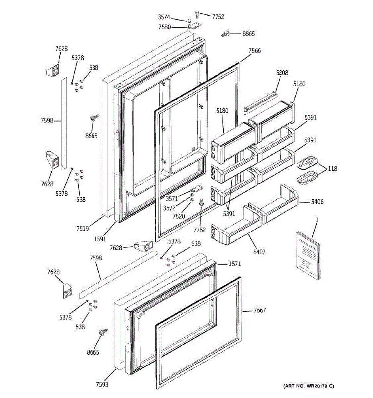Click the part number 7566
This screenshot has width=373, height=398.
coord(255,51)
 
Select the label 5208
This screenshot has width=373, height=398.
coord(282,73)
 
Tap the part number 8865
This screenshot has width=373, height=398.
coord(249,34)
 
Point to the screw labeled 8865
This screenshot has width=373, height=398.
coord(226,33)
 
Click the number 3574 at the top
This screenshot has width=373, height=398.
coord(164,17)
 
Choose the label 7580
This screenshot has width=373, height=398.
coord(164,27)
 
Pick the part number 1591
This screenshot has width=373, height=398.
coord(100,239)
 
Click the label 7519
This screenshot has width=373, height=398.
coord(83,228)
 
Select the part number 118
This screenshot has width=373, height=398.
coord(332,168)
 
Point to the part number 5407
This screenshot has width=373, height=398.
coord(259,252)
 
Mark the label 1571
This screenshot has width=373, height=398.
coord(234,264)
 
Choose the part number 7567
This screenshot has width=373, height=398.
coord(260,310)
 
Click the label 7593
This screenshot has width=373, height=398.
coord(102,385)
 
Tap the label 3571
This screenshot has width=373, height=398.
coord(172,199)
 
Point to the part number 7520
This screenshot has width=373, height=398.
coord(179,216)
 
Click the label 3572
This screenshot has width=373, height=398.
coord(169,208)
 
